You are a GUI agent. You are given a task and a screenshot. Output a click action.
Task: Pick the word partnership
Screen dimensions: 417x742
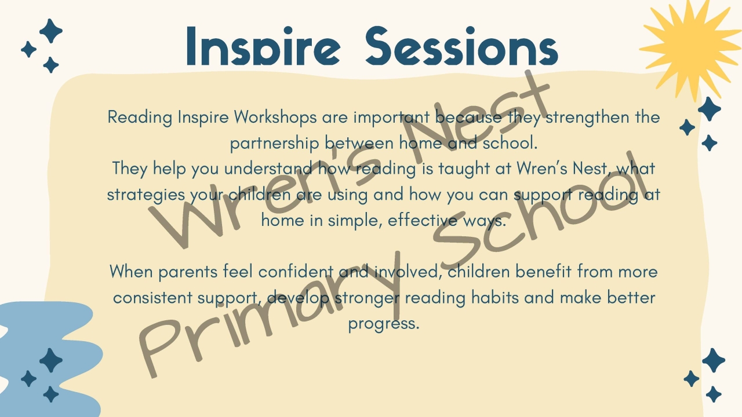pos(275,143)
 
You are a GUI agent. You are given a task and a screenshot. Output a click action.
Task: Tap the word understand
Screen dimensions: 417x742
pos(269,169)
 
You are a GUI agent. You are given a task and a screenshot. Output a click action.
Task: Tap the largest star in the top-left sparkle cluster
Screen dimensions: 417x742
pos(51,31)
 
